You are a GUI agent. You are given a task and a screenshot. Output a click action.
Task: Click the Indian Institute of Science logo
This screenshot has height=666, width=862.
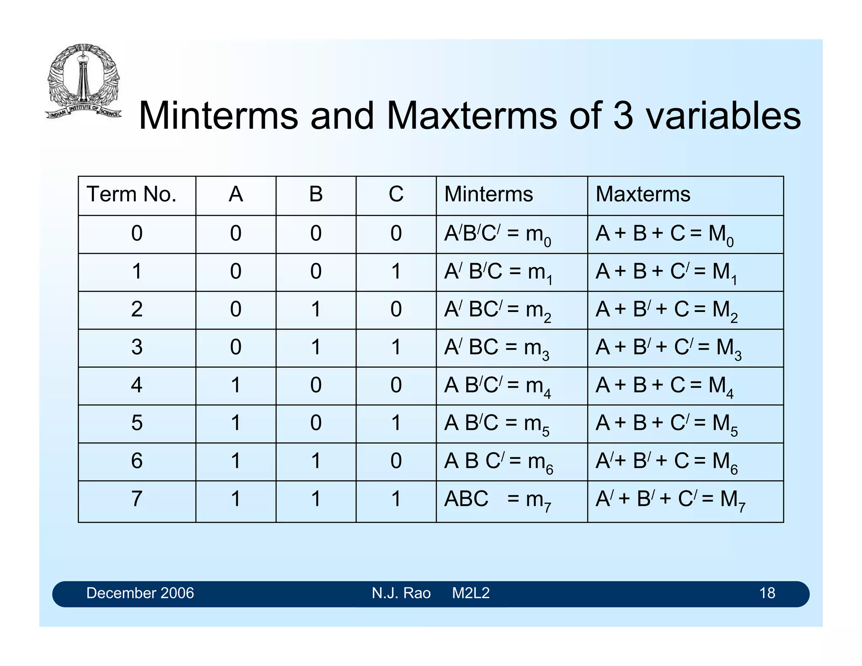coord(83,81)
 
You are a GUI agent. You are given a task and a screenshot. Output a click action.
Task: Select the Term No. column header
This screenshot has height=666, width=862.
coord(131,195)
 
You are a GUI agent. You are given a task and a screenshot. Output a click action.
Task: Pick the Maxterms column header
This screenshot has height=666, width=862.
coord(643,195)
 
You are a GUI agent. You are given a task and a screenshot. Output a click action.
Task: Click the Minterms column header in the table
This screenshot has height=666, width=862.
coord(489,195)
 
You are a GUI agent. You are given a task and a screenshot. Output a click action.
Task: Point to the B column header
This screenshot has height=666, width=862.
coord(316,195)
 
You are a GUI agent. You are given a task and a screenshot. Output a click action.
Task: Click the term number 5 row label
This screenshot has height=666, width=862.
coord(137,423)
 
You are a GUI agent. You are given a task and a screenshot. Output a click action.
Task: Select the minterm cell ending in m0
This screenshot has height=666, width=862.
coord(498,234)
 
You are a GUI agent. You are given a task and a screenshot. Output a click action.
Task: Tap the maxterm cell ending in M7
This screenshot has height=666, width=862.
coord(670,500)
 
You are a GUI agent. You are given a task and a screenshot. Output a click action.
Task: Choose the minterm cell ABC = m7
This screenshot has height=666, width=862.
coord(498,500)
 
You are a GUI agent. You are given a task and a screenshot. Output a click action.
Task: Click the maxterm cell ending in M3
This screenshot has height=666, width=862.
coord(668,349)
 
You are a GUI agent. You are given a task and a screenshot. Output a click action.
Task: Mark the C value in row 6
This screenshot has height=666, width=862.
coord(396,461)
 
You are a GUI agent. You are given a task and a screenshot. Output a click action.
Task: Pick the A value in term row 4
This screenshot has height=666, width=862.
coord(236,385)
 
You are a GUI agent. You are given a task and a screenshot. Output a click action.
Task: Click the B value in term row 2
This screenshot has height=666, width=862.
coord(316,309)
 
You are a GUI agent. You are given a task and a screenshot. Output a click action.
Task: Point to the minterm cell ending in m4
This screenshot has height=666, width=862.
coord(498,386)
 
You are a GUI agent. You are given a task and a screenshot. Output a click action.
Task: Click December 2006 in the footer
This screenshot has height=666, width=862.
coord(140,593)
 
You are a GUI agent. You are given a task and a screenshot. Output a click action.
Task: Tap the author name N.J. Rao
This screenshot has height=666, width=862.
coord(401,593)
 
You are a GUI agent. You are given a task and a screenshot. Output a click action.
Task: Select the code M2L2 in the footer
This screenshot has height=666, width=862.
coord(471,593)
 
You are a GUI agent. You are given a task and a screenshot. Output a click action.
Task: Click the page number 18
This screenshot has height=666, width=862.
coord(767,593)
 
